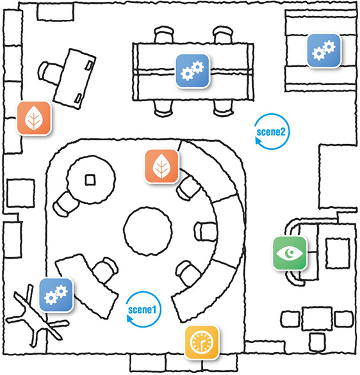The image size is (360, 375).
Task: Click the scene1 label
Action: [x=142, y=310]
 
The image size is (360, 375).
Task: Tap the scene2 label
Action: [x=271, y=132]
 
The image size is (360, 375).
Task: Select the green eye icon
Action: [x=290, y=253]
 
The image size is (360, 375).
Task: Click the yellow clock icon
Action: [x=202, y=342]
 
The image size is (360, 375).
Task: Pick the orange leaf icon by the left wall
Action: [x=34, y=118]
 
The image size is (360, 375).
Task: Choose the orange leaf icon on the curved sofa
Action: [x=161, y=166]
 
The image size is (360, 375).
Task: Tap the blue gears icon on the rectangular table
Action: [x=192, y=71]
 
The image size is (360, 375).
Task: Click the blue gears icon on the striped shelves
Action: [x=324, y=51]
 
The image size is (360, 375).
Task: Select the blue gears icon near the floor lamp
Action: [x=56, y=295]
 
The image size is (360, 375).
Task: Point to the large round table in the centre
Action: [x=148, y=231]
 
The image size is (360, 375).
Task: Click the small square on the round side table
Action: [x=90, y=180]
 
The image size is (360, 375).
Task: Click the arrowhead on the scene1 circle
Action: [x=130, y=319]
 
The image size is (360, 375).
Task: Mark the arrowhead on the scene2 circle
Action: [x=259, y=141]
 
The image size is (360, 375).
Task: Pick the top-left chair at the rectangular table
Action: [x=164, y=35]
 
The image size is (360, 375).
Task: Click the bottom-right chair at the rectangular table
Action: [x=223, y=108]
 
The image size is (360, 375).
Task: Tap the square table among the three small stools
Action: [x=317, y=319]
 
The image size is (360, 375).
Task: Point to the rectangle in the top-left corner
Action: [x=55, y=12]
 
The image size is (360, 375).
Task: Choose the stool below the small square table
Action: [x=316, y=342]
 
